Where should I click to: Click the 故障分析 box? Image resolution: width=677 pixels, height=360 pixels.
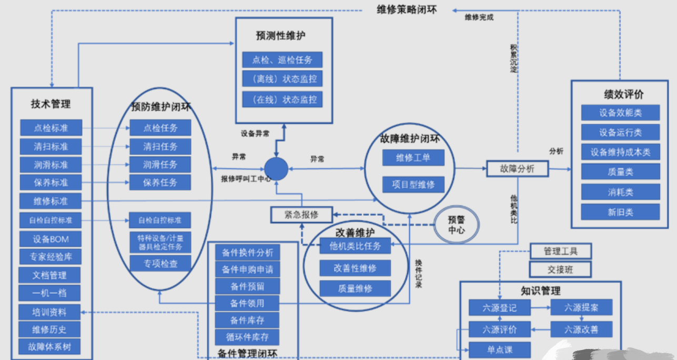517,169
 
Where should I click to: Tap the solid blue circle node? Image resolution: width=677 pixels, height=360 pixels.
276,168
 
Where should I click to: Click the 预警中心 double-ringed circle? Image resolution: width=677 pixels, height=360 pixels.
457,225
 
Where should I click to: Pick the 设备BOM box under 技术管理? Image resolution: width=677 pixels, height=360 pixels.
50,239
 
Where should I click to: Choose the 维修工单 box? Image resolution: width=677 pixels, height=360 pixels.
413,157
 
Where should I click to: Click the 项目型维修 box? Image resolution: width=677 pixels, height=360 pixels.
413,184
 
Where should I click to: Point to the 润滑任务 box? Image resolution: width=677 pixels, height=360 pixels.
160,164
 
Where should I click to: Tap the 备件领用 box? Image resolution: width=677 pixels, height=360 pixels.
247,303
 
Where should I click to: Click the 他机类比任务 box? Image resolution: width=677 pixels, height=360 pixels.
356,246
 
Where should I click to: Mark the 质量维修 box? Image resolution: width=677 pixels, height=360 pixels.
356,288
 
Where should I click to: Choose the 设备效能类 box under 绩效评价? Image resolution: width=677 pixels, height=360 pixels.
620,113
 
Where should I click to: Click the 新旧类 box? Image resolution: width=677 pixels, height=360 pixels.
620,212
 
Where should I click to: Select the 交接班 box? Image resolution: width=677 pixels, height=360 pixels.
560,269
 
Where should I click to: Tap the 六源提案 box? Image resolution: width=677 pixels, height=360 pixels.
581,308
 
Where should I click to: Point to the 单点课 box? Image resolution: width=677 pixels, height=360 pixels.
500,350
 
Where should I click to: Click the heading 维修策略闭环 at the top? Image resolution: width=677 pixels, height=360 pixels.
407,9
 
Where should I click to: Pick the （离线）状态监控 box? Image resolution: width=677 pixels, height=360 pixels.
282,79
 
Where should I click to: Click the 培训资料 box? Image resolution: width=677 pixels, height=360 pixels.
50,312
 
